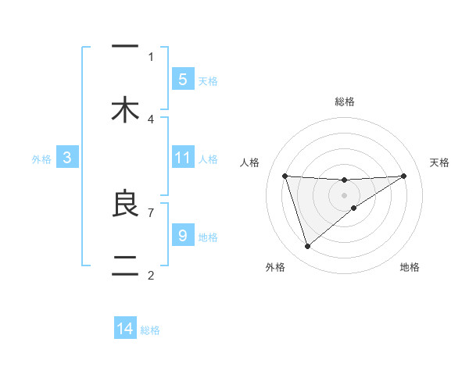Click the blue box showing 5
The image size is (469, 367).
pyautogui.click(x=182, y=79)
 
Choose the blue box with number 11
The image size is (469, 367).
pyautogui.click(x=182, y=157)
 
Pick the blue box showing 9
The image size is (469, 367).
pyautogui.click(x=182, y=235)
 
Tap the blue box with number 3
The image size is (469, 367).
pyautogui.click(x=67, y=158)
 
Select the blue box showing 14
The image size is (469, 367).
pyautogui.click(x=125, y=329)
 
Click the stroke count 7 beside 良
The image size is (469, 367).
pyautogui.click(x=151, y=212)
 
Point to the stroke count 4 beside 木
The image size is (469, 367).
pyautogui.click(x=151, y=119)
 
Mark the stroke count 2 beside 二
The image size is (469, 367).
pyautogui.click(x=151, y=275)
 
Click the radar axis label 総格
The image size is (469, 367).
pyautogui.click(x=345, y=102)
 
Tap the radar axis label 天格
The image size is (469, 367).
pyautogui.click(x=439, y=162)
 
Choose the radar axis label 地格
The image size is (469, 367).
pyautogui.click(x=410, y=268)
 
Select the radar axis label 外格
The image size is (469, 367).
pyautogui.click(x=275, y=268)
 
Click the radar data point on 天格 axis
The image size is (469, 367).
pyautogui.click(x=404, y=176)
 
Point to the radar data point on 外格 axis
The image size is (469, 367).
pyautogui.click(x=307, y=247)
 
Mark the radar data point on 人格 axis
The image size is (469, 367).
pyautogui.click(x=285, y=176)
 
